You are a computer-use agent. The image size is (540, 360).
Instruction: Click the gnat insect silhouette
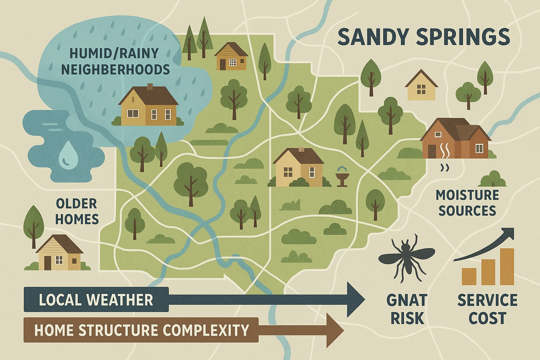406,258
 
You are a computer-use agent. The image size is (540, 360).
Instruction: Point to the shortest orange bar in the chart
469,276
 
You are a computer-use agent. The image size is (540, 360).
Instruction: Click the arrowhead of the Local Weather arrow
356,300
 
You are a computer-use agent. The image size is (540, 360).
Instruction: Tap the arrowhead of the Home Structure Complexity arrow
334,330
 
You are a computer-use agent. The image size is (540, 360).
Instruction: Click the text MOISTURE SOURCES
467,203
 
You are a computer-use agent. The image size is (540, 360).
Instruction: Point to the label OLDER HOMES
77,211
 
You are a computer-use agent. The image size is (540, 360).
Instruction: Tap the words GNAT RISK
407,309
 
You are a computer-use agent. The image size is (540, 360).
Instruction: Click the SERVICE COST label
487,309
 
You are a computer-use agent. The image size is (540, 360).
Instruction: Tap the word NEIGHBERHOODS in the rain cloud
115,69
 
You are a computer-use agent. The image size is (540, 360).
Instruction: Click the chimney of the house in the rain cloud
150,87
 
